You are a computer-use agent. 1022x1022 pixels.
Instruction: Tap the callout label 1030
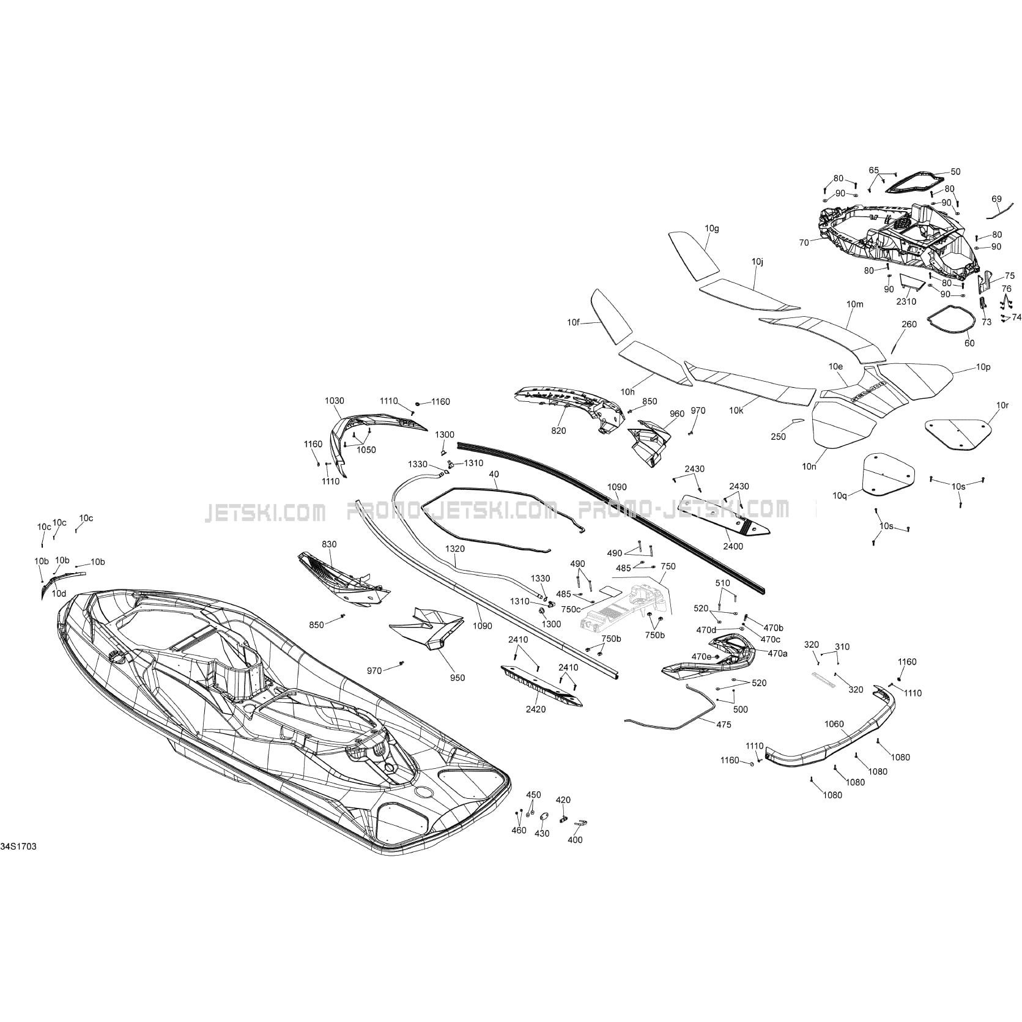pos(334,401)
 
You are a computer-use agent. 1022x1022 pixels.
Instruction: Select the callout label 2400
pos(733,546)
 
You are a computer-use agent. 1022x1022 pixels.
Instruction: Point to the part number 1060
pos(834,724)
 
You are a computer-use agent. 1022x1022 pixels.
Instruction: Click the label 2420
pos(536,709)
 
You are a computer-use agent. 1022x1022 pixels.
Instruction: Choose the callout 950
pos(457,678)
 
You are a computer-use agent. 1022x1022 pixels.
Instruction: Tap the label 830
pos(329,544)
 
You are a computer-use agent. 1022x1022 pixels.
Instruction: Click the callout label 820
pos(558,431)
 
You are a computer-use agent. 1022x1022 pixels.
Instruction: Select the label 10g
pos(712,229)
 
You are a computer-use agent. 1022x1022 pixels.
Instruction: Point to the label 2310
pos(906,302)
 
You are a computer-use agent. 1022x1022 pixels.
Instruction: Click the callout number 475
pos(724,725)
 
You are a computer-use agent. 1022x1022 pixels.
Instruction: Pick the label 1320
pos(455,549)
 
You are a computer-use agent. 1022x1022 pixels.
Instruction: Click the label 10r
pos(1002,405)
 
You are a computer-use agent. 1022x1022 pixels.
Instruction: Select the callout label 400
pos(576,840)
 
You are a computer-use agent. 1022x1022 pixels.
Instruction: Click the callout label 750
pos(668,566)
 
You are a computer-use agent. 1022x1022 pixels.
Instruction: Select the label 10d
pos(59,593)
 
